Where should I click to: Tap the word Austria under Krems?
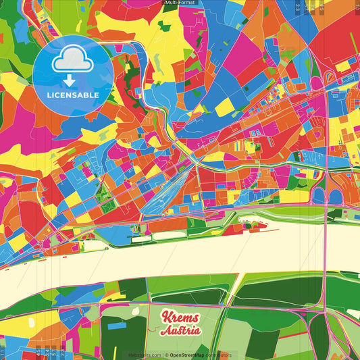tap(181, 330)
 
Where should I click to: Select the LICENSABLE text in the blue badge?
tap(73, 95)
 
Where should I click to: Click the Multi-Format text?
tap(180, 3)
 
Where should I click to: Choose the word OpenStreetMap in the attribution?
tap(188, 354)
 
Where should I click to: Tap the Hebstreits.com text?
tap(145, 354)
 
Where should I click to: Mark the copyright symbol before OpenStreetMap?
tap(167, 354)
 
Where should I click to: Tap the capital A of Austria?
tap(165, 330)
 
